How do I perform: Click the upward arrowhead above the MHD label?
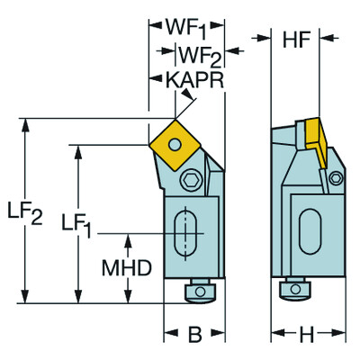pyautogui.click(x=129, y=238)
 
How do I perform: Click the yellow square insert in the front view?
pyautogui.click(x=174, y=141)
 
